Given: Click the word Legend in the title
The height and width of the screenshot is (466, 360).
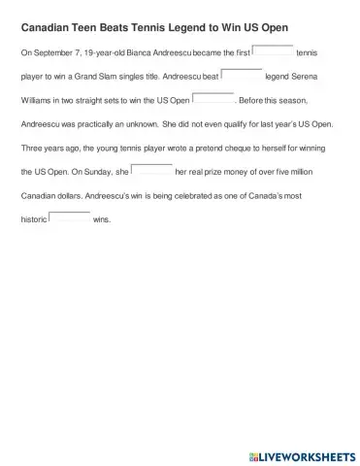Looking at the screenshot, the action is click(x=192, y=30).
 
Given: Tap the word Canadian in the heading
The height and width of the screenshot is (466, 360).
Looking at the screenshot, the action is click(x=49, y=30).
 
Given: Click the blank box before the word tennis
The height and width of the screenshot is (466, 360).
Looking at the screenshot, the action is click(x=273, y=53).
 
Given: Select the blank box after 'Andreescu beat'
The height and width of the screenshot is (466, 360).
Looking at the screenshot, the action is click(x=242, y=77).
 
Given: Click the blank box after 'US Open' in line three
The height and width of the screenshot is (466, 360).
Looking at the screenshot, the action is click(x=213, y=100).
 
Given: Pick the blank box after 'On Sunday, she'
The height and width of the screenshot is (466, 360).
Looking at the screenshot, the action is click(x=151, y=171).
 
